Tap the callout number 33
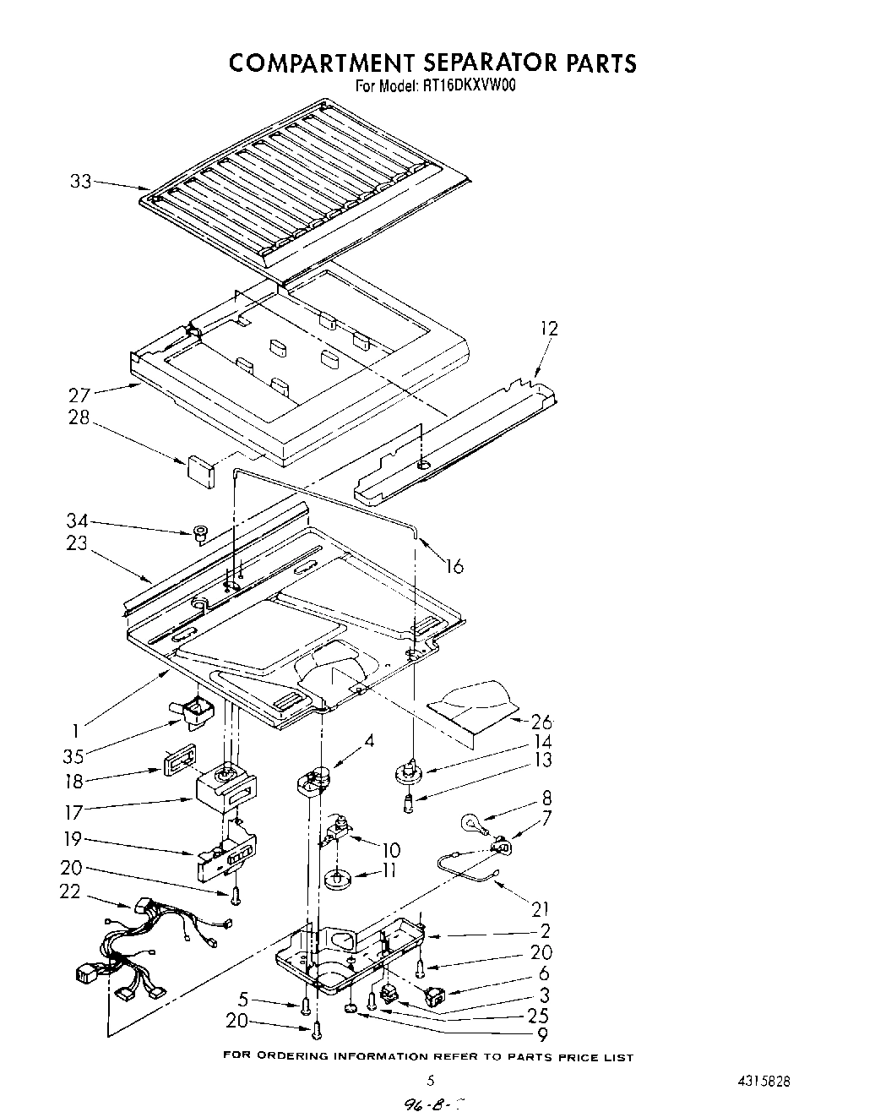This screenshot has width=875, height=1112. pyautogui.click(x=81, y=181)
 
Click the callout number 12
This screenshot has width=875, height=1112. pyautogui.click(x=549, y=328)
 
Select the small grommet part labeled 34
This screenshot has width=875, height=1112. pyautogui.click(x=201, y=533)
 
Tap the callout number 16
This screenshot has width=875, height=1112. pyautogui.click(x=454, y=565)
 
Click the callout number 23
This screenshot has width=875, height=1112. pyautogui.click(x=77, y=542)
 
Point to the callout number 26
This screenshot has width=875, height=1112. pyautogui.click(x=541, y=722)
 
